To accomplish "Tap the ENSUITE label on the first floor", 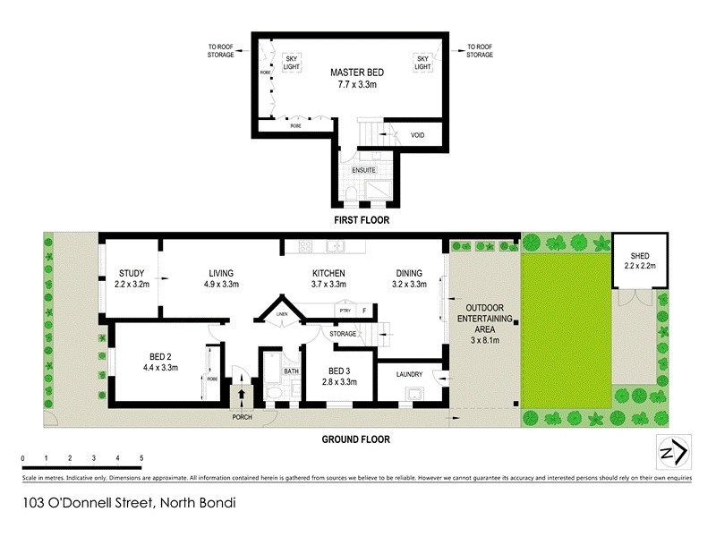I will [363, 170].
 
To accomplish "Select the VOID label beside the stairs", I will [417, 135].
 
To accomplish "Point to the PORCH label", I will [242, 416].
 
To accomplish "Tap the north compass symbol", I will [672, 452].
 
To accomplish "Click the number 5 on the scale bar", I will [141, 458].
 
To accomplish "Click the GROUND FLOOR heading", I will [355, 439].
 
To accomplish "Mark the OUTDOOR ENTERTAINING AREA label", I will [484, 323].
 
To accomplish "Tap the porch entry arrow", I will [242, 393].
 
